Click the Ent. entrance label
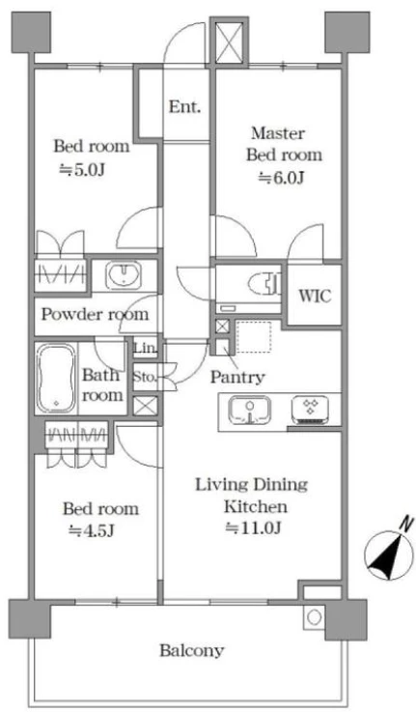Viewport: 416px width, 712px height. pos(184,107)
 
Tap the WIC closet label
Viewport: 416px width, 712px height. pos(315,296)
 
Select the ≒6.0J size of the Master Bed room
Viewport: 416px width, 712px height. pos(281,178)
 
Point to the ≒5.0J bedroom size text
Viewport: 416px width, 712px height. pos(83,169)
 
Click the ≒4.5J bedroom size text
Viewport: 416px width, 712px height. pos(91,530)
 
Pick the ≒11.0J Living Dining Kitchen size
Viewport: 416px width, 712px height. pos(253,527)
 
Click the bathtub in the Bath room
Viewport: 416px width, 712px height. pos(56,379)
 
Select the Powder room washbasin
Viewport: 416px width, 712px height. pos(124,275)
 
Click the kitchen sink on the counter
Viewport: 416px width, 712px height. pos(250,410)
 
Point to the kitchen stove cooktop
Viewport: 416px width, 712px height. pos(310,410)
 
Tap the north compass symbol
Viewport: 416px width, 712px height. pos(389,552)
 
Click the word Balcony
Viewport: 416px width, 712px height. pos(192,651)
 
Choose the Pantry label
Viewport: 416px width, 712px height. pos(237,377)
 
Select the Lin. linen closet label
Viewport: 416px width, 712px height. pos(146,349)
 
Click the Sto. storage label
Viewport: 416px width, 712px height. pos(145,377)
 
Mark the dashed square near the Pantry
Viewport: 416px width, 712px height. pos(254,337)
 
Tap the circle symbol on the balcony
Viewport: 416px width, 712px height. pos(314,617)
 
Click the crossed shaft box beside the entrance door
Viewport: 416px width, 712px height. pos(229,43)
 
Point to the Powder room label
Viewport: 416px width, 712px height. pos(95,314)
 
